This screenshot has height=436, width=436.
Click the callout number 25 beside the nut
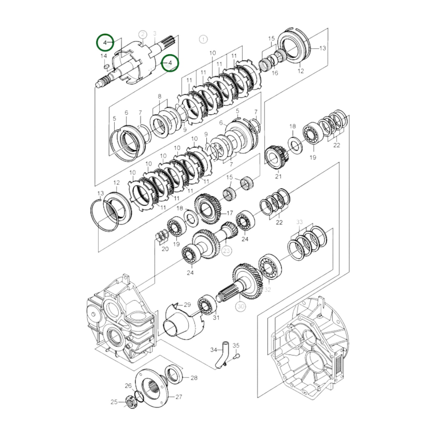114,402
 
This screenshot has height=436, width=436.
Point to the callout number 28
194,377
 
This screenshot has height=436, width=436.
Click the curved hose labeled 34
222,355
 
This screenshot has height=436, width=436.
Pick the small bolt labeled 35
237,356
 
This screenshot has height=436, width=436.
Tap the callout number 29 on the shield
187,304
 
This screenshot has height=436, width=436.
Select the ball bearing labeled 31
207,305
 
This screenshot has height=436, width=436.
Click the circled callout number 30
241,307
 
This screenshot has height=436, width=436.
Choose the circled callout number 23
227,250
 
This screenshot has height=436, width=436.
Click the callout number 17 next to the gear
230,213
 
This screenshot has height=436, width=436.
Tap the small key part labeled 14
106,66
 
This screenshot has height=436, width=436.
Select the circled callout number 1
203,39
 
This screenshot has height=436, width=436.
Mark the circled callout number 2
143,35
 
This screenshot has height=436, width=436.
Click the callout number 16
275,73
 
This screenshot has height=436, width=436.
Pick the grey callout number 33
299,222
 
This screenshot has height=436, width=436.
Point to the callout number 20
165,249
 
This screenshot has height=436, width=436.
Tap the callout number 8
159,96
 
